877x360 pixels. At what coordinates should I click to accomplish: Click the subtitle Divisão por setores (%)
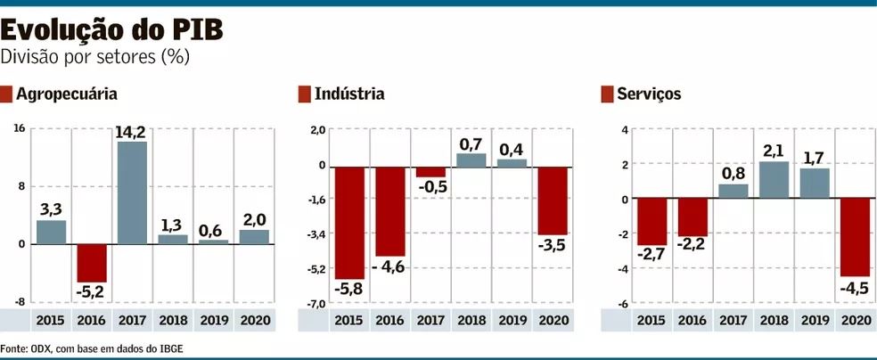click(x=95, y=56)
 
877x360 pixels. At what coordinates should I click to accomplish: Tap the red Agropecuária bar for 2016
click(x=92, y=263)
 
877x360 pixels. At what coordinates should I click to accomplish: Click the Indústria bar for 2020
click(x=553, y=200)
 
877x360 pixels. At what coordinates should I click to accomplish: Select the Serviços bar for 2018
click(x=774, y=180)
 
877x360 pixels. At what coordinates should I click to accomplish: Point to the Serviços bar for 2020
click(x=856, y=238)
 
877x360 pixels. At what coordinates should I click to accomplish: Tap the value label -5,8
click(x=349, y=290)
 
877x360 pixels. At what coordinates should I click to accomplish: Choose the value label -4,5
click(x=856, y=287)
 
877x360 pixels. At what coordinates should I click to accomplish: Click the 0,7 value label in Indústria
click(x=471, y=143)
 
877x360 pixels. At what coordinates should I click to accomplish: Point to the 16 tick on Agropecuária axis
click(x=19, y=128)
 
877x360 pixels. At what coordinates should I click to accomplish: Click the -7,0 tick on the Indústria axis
click(x=316, y=304)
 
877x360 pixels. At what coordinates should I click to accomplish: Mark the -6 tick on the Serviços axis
click(x=624, y=304)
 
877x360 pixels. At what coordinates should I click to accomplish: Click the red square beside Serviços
click(x=608, y=94)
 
